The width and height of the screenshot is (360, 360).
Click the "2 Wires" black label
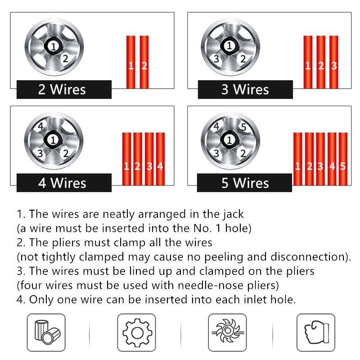coord(64,90)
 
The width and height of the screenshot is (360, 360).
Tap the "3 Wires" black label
coord(245,90)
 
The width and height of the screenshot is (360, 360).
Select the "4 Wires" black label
coord(64,183)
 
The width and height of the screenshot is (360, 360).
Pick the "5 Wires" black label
coord(244,183)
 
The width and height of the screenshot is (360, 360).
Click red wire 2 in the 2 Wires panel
coord(144,62)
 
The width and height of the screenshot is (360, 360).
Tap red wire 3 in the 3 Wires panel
coord(333,62)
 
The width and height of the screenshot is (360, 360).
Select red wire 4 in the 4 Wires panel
coord(160,159)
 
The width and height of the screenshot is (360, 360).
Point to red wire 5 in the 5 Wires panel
coord(343,159)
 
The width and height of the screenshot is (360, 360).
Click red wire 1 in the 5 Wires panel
coord(298,159)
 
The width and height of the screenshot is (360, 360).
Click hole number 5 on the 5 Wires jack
coord(243,127)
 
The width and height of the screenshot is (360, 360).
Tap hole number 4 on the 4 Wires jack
coord(40,126)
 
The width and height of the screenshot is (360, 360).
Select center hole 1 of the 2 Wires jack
coord(53,47)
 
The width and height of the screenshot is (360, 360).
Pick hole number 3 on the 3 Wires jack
coord(216,59)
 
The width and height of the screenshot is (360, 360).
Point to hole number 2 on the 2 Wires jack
coord(65,59)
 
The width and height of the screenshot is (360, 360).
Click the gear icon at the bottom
coord(137,333)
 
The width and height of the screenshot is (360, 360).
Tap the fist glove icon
coord(316,333)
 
